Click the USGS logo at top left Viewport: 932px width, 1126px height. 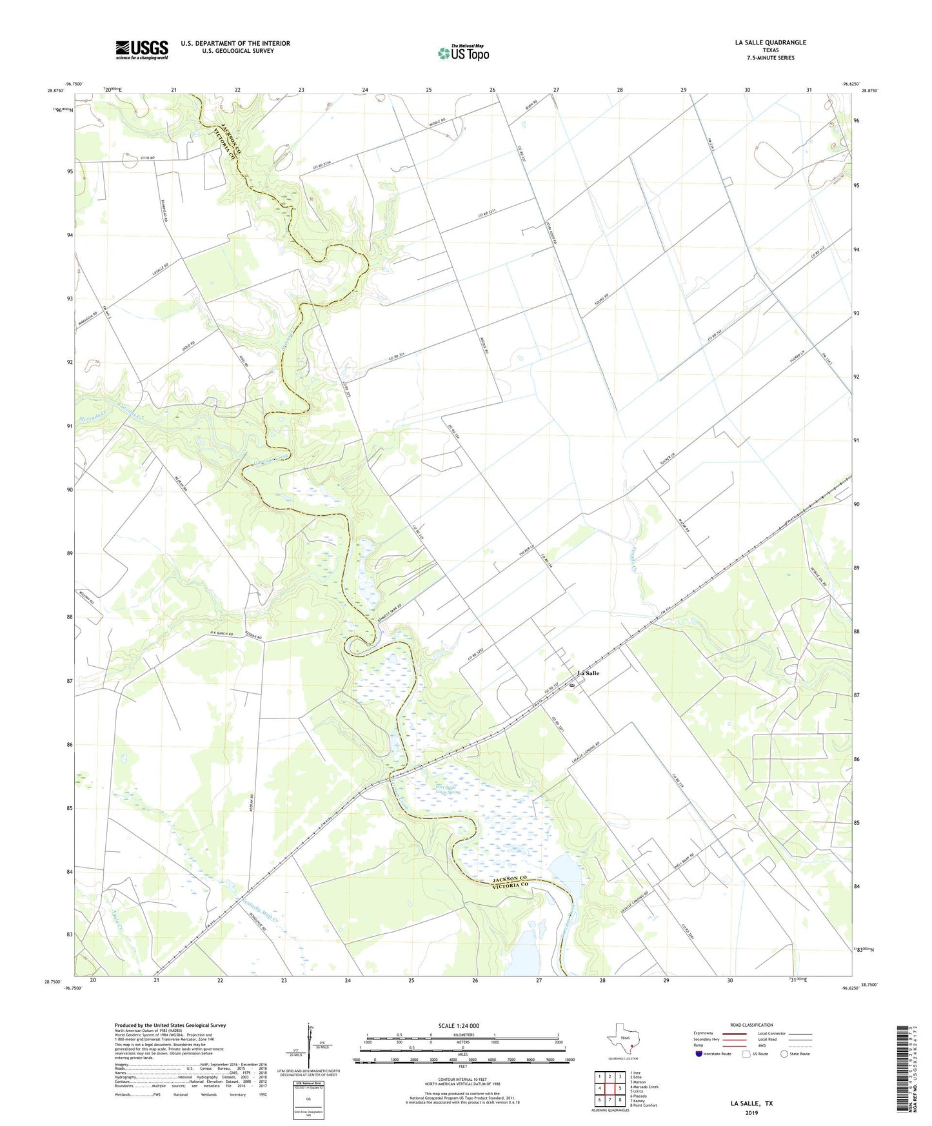[x=142, y=50]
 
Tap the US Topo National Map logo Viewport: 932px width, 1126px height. [x=463, y=52]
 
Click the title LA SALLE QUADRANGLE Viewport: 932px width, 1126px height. [x=770, y=43]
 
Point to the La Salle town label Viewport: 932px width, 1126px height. [x=588, y=673]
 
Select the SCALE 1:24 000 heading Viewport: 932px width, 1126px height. [x=459, y=1026]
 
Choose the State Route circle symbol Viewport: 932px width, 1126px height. [x=784, y=1054]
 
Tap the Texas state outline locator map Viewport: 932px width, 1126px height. [x=623, y=1040]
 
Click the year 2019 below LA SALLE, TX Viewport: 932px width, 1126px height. [x=751, y=1113]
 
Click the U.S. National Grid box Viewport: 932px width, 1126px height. [x=308, y=1092]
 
